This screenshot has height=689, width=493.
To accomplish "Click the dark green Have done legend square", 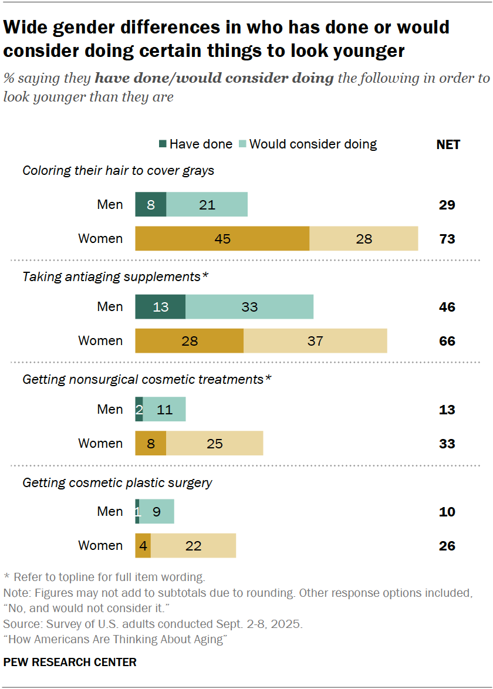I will point(163,144).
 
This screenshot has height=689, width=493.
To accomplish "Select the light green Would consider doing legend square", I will point(244,144).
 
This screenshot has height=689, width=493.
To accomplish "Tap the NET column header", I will point(448,144).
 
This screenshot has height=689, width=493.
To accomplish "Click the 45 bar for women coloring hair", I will point(222,239).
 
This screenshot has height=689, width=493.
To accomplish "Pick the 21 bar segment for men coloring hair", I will point(207,205).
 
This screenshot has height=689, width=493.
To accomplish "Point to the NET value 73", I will point(447,239).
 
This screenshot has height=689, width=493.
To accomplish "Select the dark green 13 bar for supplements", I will point(160,307).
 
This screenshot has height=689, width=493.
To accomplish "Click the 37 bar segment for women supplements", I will point(315,341).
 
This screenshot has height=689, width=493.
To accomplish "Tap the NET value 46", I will point(447,307).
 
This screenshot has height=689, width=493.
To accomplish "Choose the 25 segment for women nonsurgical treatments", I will point(215,444).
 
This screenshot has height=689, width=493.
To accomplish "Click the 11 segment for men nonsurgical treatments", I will point(164,410).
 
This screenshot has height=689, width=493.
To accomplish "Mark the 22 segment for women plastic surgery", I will point(193,546).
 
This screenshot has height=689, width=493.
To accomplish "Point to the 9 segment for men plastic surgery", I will point(157,512).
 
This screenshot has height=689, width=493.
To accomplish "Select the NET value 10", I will point(447,512).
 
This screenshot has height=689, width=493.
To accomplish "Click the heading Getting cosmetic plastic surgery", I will point(117,483).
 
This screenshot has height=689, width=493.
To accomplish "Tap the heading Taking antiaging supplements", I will point(115,276).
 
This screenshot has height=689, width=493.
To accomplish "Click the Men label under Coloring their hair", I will point(110,205).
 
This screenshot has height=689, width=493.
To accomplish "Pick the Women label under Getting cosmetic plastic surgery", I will point(100,546).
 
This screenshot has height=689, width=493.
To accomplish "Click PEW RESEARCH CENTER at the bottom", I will point(70,662).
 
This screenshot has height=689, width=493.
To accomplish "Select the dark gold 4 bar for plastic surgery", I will point(143,546).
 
